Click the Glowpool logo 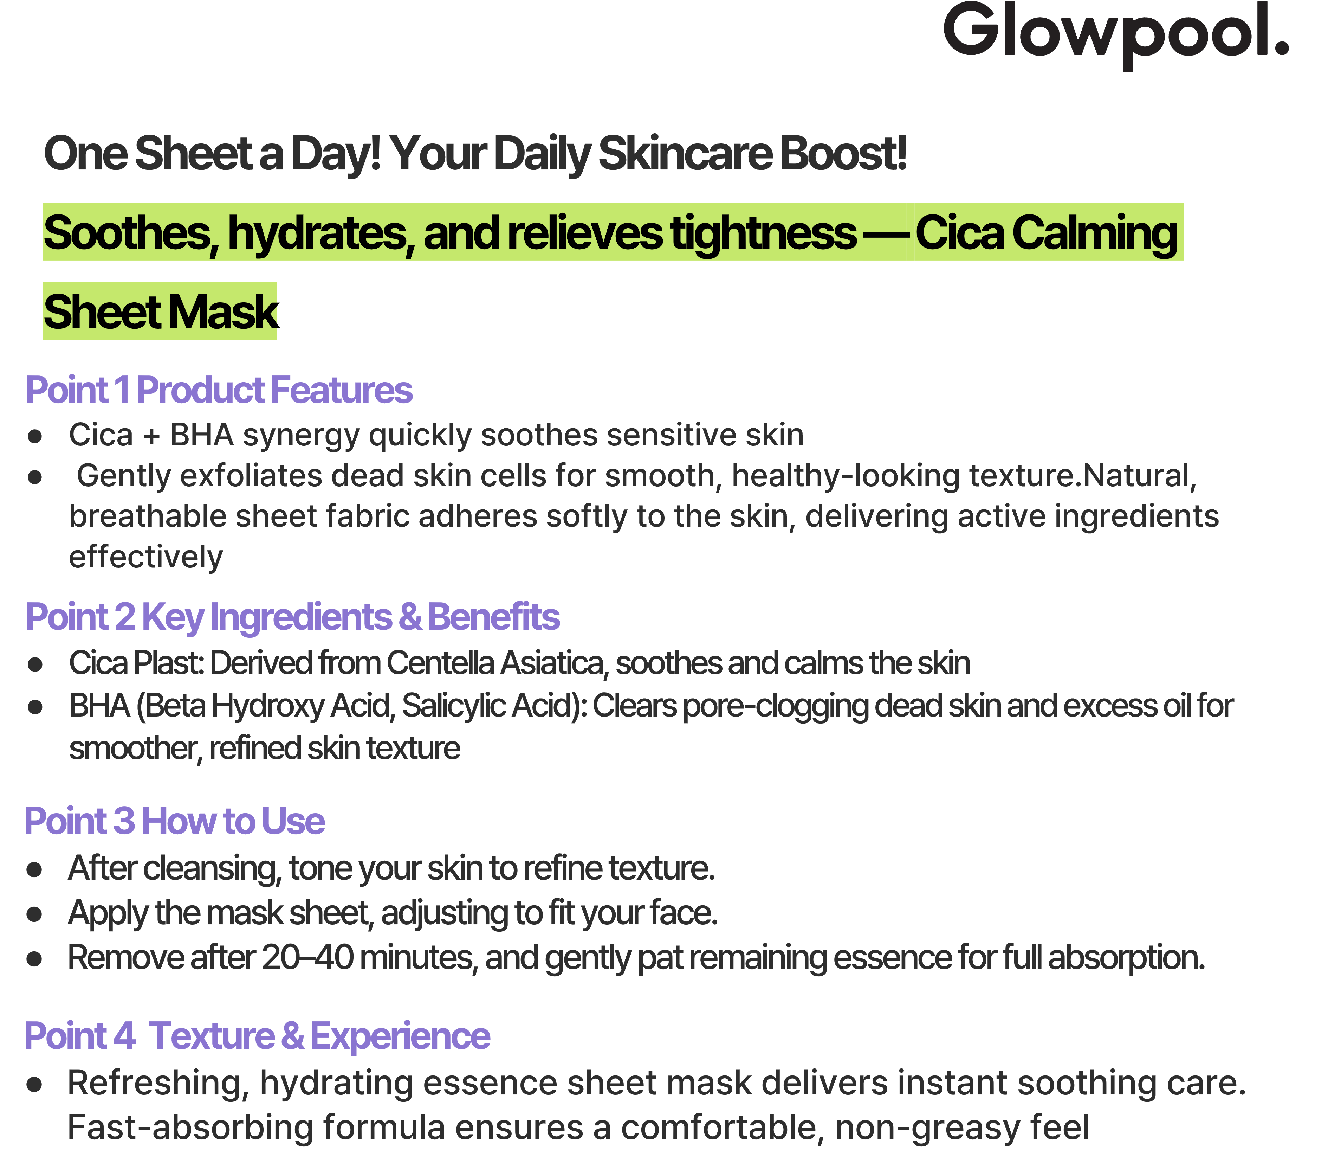1115,34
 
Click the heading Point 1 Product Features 219,390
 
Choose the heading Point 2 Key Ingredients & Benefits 292,617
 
